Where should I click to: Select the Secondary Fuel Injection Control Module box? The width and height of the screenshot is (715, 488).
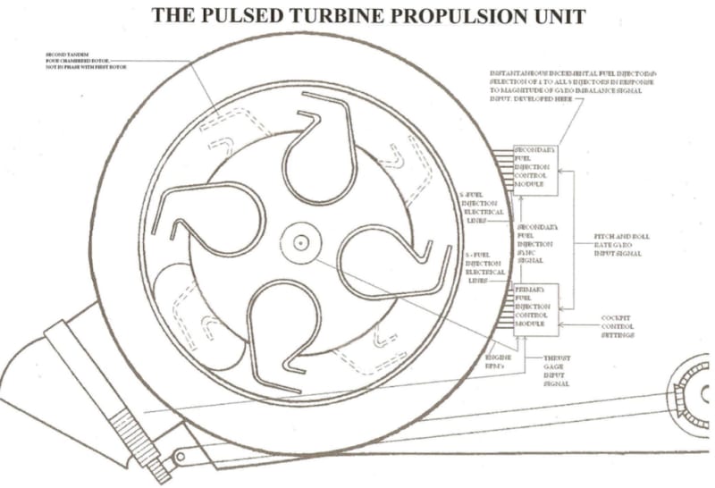point(534,168)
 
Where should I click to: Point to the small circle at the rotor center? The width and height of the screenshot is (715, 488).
point(299,241)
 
